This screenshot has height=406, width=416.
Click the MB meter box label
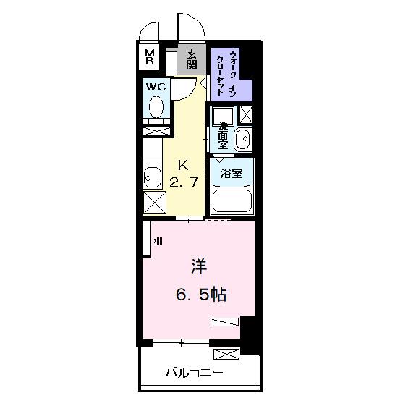[149, 57]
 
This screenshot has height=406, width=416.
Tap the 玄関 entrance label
[191, 59]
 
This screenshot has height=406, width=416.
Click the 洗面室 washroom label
[223, 135]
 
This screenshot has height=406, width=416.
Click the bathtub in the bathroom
[231, 201]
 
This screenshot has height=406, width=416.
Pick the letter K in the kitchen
[183, 164]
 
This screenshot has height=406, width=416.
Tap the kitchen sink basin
[152, 177]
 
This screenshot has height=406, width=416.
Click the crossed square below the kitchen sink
[155, 202]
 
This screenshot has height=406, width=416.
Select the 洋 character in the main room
[198, 267]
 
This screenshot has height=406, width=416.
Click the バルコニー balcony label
[194, 373]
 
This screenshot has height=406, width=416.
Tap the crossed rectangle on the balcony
[226, 354]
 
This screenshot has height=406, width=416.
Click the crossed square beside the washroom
[246, 114]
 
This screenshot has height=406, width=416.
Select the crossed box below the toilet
[157, 131]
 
